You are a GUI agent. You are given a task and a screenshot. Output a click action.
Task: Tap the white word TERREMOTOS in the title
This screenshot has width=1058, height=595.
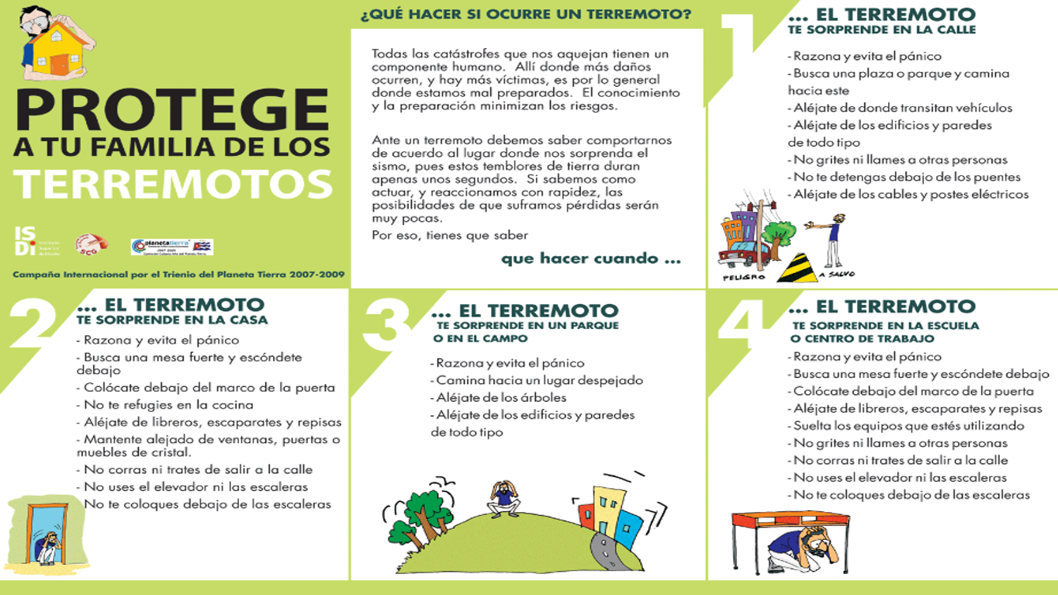point(172,184)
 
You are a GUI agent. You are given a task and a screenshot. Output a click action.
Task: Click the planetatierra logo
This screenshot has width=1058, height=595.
point(171,246)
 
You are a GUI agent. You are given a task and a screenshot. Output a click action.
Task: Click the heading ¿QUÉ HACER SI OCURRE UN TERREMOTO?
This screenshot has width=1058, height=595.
point(525,15)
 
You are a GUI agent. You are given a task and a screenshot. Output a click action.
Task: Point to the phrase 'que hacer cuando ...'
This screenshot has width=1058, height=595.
point(590,258)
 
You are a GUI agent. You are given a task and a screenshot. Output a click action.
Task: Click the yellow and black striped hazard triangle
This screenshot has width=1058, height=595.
point(797,267)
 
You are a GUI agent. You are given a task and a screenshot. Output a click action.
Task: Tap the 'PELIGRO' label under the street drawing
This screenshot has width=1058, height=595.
point(743,277)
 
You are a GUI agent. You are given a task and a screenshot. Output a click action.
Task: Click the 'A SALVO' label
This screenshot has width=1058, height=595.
point(836,275)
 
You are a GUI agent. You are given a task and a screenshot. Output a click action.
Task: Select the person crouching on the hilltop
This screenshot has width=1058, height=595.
point(504,498)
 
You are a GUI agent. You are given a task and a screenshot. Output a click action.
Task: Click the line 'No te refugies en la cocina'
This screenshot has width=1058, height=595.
point(168,404)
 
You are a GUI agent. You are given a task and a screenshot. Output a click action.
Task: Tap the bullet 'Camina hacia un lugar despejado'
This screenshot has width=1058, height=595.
point(538,380)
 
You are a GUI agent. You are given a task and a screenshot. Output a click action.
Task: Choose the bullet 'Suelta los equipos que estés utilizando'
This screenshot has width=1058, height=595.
point(908,425)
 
